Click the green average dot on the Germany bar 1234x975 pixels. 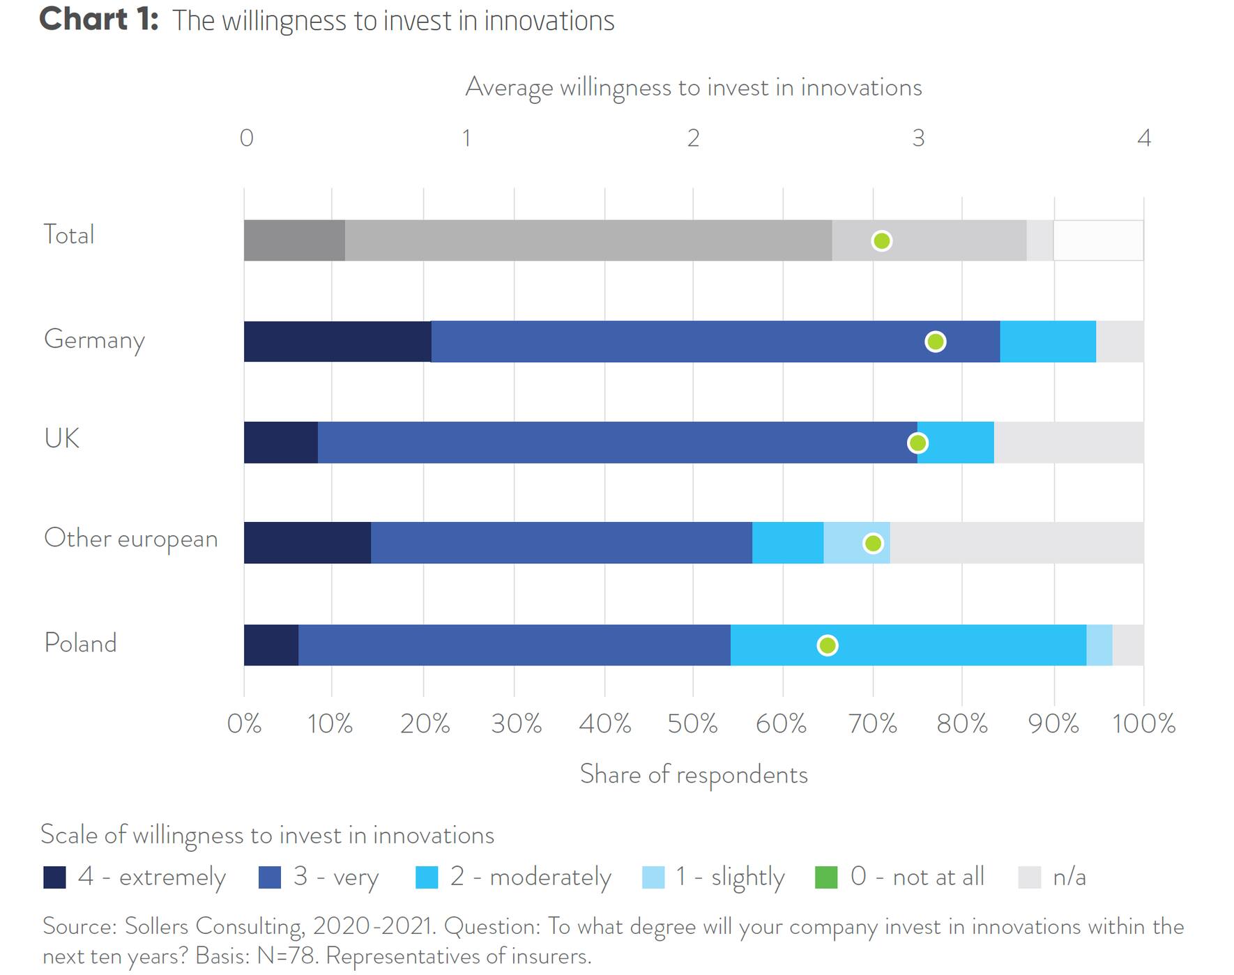[x=935, y=341]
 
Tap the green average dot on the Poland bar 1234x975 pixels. [x=827, y=645]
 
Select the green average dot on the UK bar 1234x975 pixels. [x=917, y=443]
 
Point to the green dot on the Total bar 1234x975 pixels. [x=881, y=241]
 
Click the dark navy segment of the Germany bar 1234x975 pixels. [x=337, y=341]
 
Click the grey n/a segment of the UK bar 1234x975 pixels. [x=1068, y=443]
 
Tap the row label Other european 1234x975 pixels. [x=131, y=539]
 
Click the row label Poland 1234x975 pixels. [x=80, y=643]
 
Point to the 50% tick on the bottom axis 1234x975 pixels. [x=692, y=723]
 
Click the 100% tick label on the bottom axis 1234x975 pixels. [x=1143, y=723]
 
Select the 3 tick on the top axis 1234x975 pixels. [x=918, y=138]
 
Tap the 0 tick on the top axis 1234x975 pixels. [x=246, y=138]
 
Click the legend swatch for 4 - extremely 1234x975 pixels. [x=54, y=877]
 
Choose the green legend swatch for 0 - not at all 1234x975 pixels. [x=826, y=877]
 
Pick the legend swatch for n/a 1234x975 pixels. [x=1029, y=877]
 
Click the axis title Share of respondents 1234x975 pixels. [x=694, y=774]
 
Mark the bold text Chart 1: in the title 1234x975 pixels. [x=98, y=19]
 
